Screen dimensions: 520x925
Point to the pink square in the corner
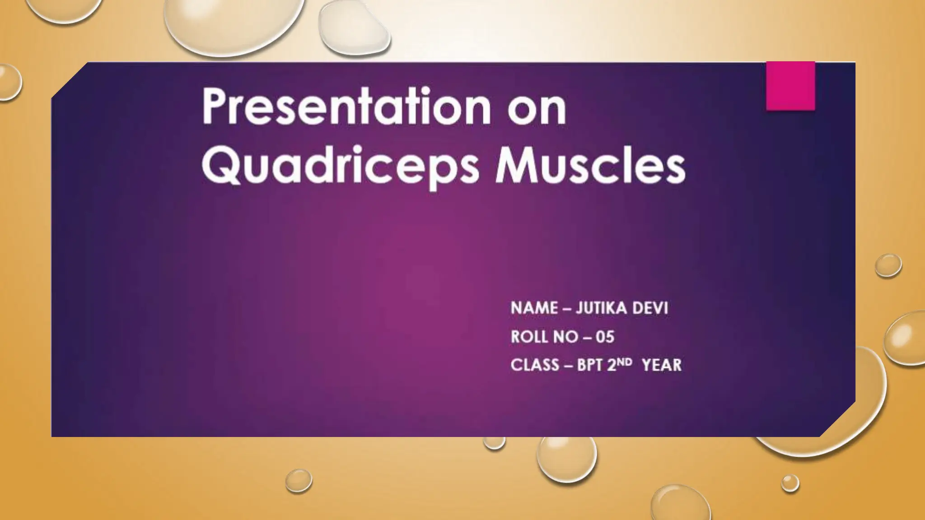point(790,86)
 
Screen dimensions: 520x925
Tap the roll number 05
point(605,337)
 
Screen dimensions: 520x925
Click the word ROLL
point(528,337)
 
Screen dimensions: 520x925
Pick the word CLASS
point(535,365)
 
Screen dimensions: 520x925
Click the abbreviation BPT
point(590,365)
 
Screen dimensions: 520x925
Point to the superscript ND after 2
point(625,362)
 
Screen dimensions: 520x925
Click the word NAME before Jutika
point(534,308)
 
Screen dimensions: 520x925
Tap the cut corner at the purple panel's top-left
point(68,80)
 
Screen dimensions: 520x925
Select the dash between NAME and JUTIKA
point(567,309)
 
